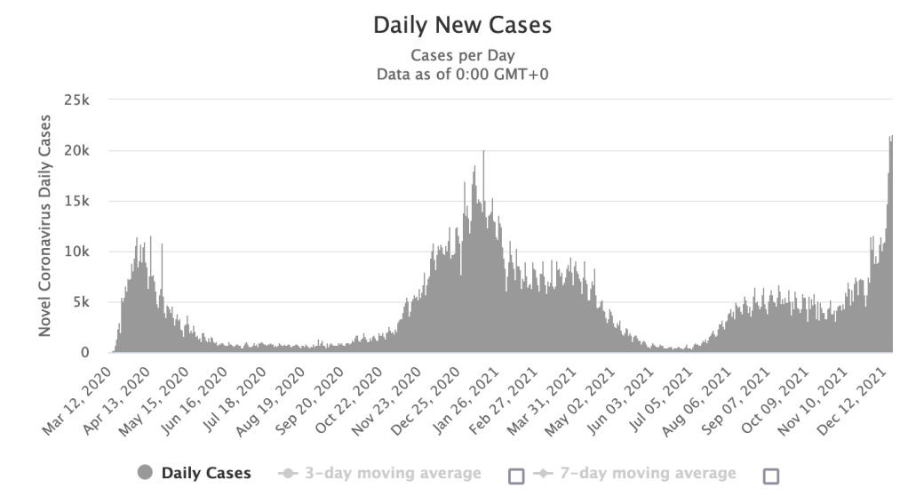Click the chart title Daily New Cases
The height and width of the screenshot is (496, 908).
[x=462, y=25]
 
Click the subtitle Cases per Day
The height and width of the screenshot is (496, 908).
[x=462, y=56]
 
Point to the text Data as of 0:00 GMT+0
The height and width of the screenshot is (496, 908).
[x=462, y=74]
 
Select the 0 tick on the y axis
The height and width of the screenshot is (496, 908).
[x=85, y=353]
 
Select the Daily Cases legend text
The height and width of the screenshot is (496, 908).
[x=206, y=473]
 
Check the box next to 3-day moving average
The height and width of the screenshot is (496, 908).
[x=516, y=475]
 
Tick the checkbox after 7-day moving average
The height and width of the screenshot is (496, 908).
[x=771, y=475]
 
